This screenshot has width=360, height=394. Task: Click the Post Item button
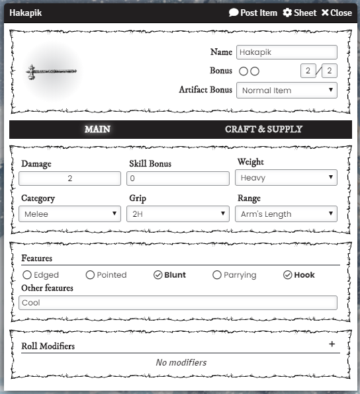(x=253, y=13)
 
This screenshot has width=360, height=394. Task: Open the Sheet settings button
(x=300, y=13)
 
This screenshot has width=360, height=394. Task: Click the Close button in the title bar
(x=336, y=13)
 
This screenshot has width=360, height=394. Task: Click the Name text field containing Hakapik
(x=287, y=52)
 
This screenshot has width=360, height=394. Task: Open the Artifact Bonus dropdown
(x=287, y=90)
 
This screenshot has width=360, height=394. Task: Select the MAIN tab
(x=97, y=129)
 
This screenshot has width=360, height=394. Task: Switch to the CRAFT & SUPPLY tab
(x=263, y=129)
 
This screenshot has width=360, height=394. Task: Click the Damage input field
(x=69, y=178)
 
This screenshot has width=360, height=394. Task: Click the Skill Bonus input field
(x=178, y=178)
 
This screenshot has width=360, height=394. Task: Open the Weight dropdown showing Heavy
(x=286, y=177)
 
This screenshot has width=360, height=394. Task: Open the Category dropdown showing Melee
(x=69, y=214)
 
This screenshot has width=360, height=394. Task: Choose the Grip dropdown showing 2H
(x=178, y=214)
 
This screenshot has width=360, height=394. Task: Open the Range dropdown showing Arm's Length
(x=286, y=214)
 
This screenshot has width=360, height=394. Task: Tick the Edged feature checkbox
(x=27, y=275)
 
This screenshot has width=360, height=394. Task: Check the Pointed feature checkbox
(x=91, y=275)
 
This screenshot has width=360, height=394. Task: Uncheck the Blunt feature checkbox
(x=158, y=275)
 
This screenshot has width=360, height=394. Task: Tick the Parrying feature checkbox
(x=217, y=275)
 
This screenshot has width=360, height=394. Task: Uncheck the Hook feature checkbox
(x=288, y=275)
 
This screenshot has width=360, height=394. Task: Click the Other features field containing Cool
(x=178, y=303)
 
